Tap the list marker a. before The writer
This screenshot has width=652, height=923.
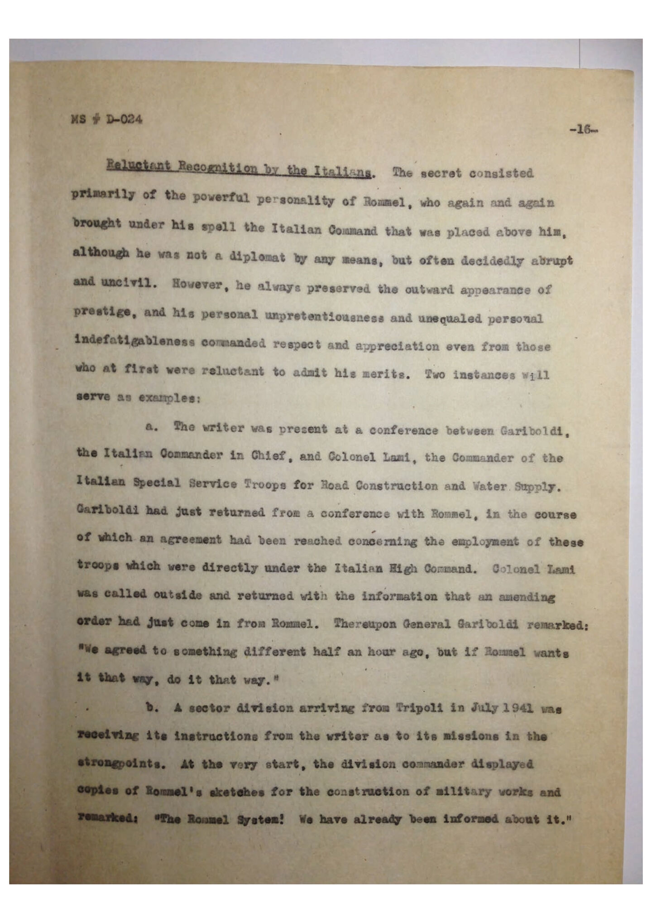(x=151, y=427)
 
